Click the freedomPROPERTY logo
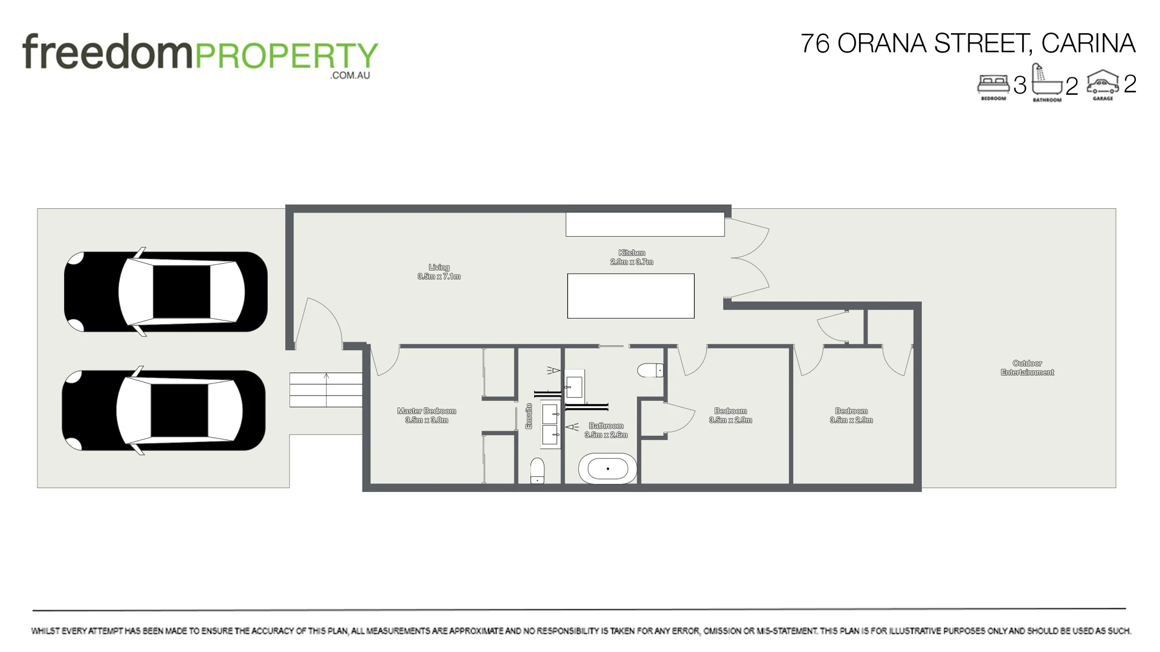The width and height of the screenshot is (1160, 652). coord(200,54)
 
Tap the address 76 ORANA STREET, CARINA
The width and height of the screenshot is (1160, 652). coord(967,43)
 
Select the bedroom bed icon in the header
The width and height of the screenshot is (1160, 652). coord(993,84)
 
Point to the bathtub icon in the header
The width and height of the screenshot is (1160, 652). coord(1046,81)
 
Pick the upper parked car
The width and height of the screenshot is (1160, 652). coord(166,292)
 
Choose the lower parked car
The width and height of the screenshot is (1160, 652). coord(164,411)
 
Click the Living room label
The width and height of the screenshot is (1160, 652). coord(439,272)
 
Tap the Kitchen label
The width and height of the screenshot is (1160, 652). coord(631,257)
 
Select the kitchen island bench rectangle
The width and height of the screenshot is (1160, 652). coord(631,296)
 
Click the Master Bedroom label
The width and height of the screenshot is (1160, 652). coord(427,415)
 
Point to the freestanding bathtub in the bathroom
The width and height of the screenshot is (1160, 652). coord(607,468)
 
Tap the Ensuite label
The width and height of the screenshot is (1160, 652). coord(529,416)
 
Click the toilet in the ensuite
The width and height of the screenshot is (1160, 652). coord(537,471)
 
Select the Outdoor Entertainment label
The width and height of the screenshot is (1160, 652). coord(1027,368)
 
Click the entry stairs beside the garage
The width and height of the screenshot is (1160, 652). coord(326,390)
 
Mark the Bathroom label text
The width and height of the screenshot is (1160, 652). coord(606,430)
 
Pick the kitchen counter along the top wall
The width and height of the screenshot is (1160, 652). coord(645,224)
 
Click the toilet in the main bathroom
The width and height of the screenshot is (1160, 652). coord(651,370)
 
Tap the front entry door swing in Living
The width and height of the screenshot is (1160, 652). coord(318,323)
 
